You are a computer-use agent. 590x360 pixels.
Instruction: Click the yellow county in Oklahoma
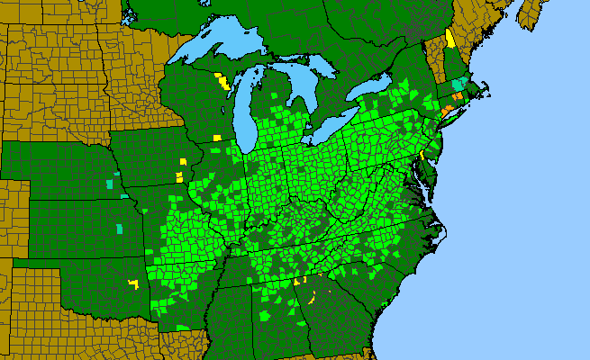[133, 283]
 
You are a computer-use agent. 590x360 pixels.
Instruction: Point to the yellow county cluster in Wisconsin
[222, 83]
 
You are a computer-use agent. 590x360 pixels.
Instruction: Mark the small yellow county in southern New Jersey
[421, 154]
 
